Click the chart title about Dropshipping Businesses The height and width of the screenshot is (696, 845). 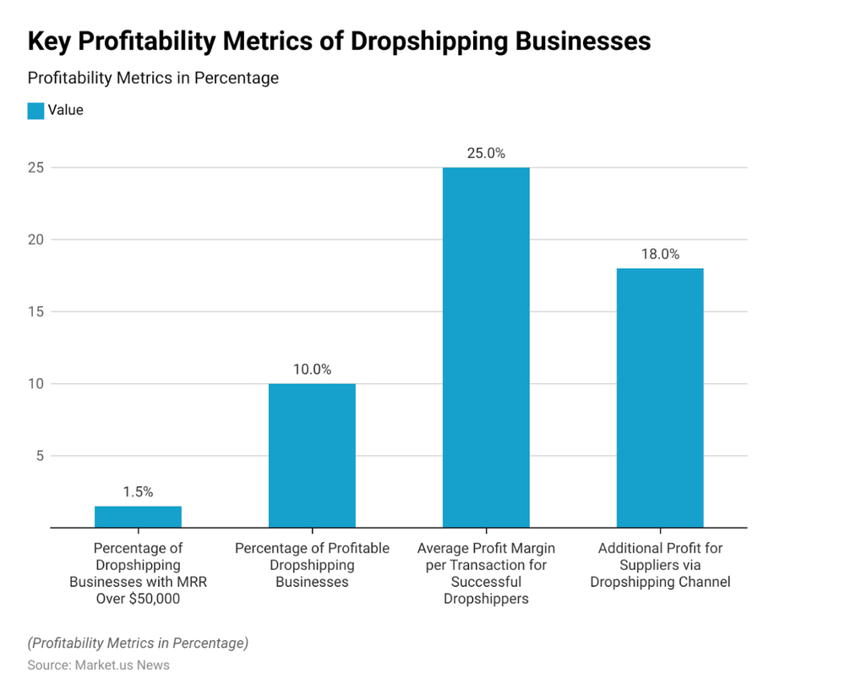(x=339, y=41)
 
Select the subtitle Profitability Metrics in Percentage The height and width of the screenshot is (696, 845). (x=153, y=78)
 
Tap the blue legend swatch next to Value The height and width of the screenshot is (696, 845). (x=35, y=110)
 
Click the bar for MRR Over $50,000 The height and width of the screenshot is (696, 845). (x=138, y=517)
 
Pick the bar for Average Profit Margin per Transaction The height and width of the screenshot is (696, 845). (x=486, y=347)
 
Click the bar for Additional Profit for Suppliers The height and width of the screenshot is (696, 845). (x=660, y=397)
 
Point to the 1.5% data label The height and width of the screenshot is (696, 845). (x=138, y=492)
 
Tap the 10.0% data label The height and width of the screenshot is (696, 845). (x=312, y=370)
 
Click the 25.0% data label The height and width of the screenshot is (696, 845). (x=486, y=153)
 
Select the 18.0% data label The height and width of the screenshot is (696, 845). (x=660, y=254)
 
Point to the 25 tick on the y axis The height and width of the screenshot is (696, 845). (x=35, y=167)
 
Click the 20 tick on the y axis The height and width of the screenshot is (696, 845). (x=35, y=239)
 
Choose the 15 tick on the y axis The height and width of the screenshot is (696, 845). (x=35, y=312)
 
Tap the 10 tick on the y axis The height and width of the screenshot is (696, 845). (x=35, y=384)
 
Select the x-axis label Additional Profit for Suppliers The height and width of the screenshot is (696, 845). (x=660, y=565)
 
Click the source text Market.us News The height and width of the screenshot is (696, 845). (x=99, y=665)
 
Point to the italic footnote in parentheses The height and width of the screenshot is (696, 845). (x=138, y=643)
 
